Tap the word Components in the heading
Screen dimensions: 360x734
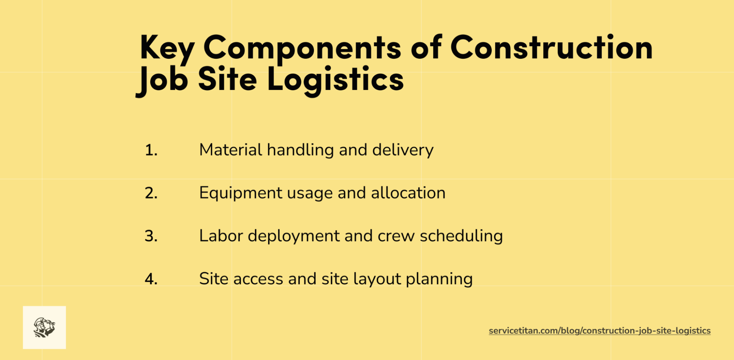(302, 48)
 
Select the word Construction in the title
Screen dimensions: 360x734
(551, 48)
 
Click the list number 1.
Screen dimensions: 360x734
(151, 150)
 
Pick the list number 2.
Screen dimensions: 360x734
(151, 193)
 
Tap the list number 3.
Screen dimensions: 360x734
(151, 236)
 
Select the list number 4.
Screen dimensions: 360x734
(151, 279)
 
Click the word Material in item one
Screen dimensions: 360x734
(231, 150)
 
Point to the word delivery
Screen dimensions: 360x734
(403, 150)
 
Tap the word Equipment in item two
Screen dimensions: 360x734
(241, 193)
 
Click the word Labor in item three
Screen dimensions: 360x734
(221, 236)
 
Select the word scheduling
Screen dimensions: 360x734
(461, 236)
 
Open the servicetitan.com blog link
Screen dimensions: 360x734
(599, 331)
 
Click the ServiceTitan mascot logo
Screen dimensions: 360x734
(44, 327)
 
